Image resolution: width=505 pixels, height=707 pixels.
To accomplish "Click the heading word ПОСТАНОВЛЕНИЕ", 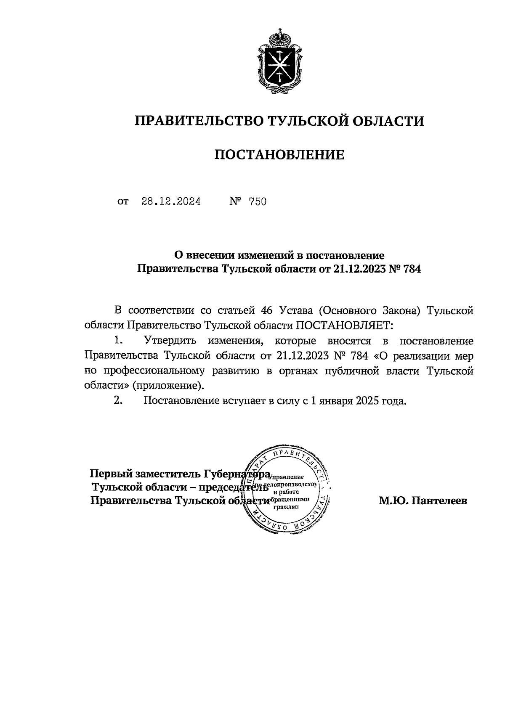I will point(279,155).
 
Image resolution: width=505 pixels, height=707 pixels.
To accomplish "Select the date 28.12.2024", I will point(171,202).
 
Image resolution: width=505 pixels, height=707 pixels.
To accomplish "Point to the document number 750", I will point(258,202).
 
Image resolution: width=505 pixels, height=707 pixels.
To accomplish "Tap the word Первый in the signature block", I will point(110,474).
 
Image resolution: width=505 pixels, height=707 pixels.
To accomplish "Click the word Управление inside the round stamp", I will point(287,477).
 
